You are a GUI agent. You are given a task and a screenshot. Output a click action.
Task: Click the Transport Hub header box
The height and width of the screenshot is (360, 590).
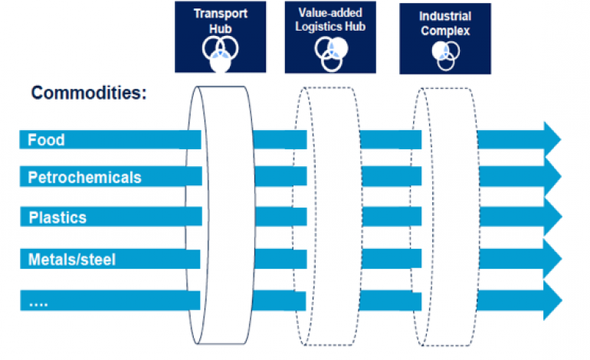[220, 37]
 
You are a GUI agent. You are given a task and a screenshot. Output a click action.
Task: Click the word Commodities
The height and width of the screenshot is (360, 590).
[89, 93]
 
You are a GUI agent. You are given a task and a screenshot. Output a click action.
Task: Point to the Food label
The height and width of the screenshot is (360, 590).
[46, 140]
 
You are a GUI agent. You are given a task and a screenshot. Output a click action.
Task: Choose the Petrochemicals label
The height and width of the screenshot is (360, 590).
[84, 178]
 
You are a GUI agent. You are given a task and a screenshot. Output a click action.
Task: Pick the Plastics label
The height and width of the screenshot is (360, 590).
[57, 218]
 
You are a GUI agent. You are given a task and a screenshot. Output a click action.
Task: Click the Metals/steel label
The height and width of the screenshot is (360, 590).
[71, 260]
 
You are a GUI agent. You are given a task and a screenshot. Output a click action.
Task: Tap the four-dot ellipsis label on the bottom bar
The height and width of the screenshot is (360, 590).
[38, 303]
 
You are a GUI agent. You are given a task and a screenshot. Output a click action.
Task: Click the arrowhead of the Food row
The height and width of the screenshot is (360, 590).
[551, 139]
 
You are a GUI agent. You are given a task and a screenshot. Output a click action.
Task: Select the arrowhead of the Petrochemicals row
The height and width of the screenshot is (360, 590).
[551, 178]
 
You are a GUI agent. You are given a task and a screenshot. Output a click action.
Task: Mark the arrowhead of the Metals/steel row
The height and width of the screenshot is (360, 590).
[551, 260]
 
